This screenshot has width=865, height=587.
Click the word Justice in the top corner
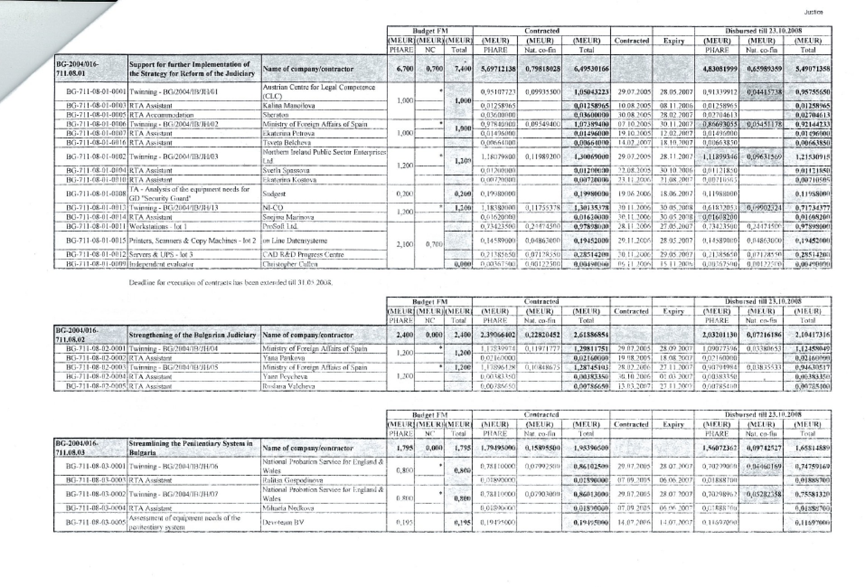pyautogui.click(x=813, y=12)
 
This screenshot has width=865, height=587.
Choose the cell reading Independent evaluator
pyautogui.click(x=161, y=264)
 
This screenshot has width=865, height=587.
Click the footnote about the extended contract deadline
pyautogui.click(x=231, y=283)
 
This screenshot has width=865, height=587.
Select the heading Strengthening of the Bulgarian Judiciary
pyautogui.click(x=193, y=335)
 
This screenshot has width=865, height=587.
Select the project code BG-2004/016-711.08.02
pyautogui.click(x=76, y=335)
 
